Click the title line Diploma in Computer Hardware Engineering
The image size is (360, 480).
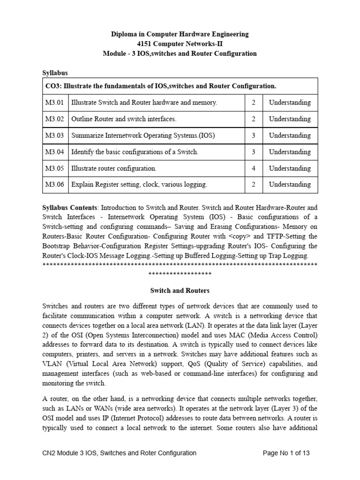[180, 34]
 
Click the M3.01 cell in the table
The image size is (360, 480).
[54, 103]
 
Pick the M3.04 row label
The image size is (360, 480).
[54, 152]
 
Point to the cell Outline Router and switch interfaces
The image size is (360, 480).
[124, 119]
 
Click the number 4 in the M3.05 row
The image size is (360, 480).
[254, 168]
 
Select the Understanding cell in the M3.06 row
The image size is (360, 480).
[290, 185]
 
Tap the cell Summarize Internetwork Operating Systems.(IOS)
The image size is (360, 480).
[143, 135]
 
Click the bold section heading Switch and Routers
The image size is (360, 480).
[180, 291]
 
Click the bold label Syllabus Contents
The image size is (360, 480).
[70, 207]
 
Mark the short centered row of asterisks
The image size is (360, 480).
[180, 274]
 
